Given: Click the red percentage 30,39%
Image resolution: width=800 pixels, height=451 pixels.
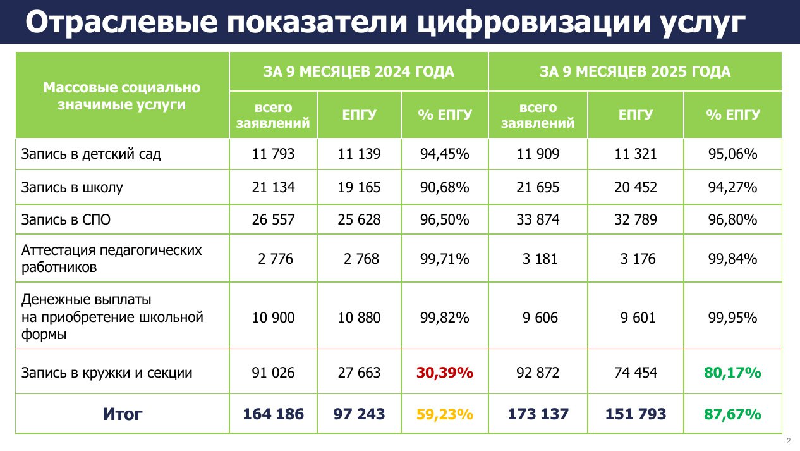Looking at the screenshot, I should [x=445, y=373].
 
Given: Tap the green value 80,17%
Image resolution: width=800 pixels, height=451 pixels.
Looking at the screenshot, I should [x=733, y=373].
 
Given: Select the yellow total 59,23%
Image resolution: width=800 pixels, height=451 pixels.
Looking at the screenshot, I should [x=445, y=414].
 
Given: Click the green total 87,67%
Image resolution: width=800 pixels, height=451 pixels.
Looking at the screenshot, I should [x=733, y=414].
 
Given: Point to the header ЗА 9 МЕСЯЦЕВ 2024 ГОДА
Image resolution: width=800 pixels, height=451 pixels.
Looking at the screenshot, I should [x=359, y=71].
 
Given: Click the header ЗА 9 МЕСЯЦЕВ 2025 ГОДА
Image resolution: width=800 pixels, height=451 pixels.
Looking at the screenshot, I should [x=635, y=71].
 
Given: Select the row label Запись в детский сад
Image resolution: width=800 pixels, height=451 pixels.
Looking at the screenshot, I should [x=91, y=154].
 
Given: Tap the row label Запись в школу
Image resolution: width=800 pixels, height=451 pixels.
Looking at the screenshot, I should [x=72, y=187].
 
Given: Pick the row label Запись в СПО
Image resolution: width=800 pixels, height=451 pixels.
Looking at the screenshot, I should [x=66, y=220].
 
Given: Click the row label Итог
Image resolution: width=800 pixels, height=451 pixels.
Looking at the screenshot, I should [x=123, y=414].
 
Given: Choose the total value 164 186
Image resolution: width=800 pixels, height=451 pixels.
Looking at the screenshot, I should [x=274, y=414].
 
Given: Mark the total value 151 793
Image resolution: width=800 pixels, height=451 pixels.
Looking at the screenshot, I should [x=636, y=414].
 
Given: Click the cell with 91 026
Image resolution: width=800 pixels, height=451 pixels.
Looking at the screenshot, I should [x=274, y=373].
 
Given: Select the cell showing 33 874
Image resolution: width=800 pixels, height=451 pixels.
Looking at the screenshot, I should [x=538, y=220].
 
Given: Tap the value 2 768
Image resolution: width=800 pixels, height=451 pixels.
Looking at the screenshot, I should [x=359, y=259].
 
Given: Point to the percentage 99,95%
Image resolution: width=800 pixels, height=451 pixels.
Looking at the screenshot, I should [x=733, y=318].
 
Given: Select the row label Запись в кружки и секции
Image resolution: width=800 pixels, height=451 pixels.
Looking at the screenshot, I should [x=107, y=373].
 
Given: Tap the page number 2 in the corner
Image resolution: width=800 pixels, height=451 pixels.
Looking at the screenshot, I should [x=788, y=441].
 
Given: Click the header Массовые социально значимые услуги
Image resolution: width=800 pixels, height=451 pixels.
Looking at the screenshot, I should [x=122, y=96].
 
